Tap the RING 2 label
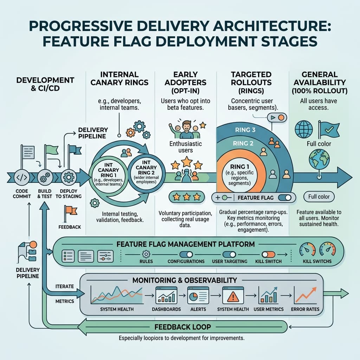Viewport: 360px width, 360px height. pos(243,143)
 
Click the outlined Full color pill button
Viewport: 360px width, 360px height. pos(319,197)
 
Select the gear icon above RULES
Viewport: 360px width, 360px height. pos(146,253)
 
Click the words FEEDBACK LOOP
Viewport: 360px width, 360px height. pos(182,327)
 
